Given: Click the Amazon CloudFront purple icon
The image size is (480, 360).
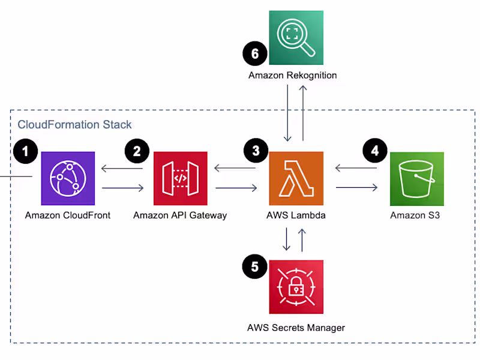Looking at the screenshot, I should click(x=67, y=178).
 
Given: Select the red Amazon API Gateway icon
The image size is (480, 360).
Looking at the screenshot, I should click(x=180, y=178).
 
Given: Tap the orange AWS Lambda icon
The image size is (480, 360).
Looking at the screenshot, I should click(x=296, y=178).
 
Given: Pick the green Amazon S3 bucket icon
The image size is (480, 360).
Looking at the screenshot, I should click(x=416, y=178).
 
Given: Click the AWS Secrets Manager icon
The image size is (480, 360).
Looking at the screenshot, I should click(x=296, y=287).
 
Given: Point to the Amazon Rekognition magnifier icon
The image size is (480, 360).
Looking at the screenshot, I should click(x=296, y=37).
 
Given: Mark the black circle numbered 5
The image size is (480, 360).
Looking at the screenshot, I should click(x=255, y=266).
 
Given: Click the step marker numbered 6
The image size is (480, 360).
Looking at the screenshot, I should click(x=255, y=54).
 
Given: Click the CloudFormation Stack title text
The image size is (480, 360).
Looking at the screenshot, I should click(x=74, y=125).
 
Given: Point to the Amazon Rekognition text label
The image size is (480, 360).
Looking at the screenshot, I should click(x=293, y=76).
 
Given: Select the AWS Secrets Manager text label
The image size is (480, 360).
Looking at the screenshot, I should click(x=296, y=328).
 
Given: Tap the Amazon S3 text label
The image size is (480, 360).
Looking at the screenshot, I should click(x=415, y=215).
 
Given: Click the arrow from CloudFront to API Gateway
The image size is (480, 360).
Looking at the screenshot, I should click(x=123, y=188).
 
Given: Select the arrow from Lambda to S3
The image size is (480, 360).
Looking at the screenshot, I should click(x=356, y=188).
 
